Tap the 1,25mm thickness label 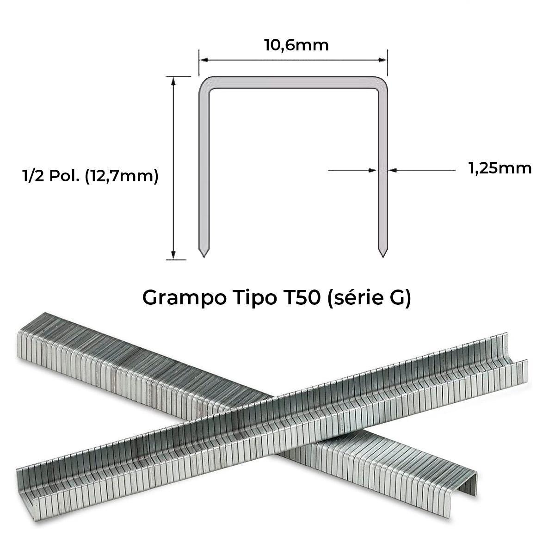[x=500, y=168]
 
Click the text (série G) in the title [x=369, y=298]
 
